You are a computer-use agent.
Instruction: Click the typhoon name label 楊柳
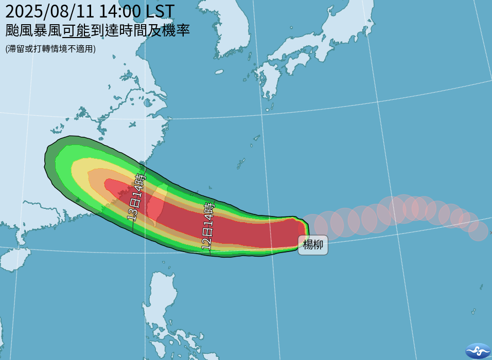point(313,245)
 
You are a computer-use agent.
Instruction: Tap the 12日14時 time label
point(208,226)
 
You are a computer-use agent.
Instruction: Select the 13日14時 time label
point(136,197)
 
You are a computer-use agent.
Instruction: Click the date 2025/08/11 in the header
point(48,11)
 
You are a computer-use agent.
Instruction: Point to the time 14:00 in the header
point(119,11)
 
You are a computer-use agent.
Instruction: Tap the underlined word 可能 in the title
point(76,30)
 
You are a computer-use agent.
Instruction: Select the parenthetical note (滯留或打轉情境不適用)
point(50,49)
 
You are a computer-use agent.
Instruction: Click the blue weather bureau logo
point(478,350)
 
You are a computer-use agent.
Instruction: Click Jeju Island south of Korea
point(219,71)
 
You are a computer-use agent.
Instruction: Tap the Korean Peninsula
point(226,31)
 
